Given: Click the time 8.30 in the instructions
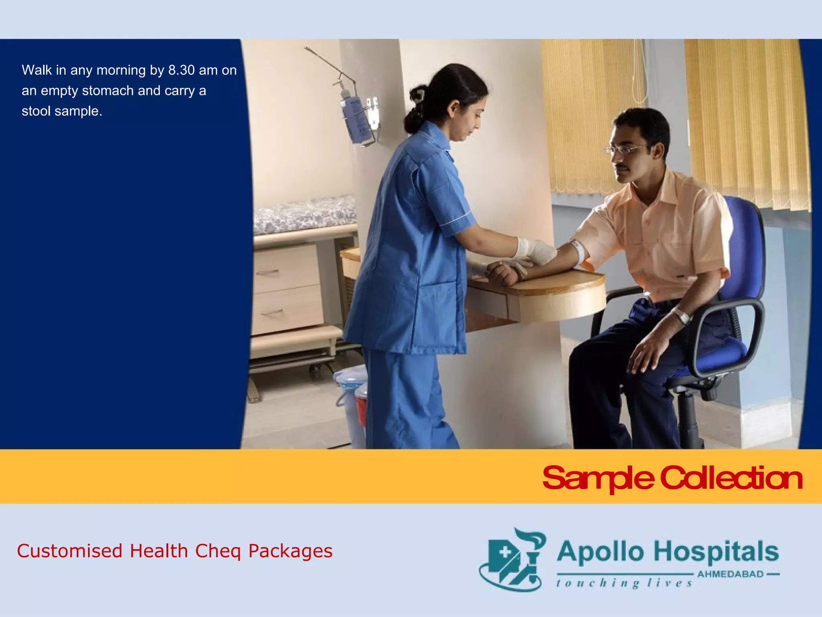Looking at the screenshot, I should click(181, 70).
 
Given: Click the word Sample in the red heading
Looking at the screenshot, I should click(598, 478).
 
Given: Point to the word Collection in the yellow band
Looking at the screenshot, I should click(731, 478).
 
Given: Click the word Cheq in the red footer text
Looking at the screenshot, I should click(218, 551).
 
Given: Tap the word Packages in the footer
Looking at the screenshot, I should click(290, 551).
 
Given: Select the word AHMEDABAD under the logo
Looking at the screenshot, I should click(730, 574).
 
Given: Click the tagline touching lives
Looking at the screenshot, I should click(624, 583).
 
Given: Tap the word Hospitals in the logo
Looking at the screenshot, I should click(716, 552).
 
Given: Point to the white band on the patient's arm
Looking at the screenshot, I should click(578, 251).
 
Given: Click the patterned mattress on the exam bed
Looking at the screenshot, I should click(305, 215).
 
